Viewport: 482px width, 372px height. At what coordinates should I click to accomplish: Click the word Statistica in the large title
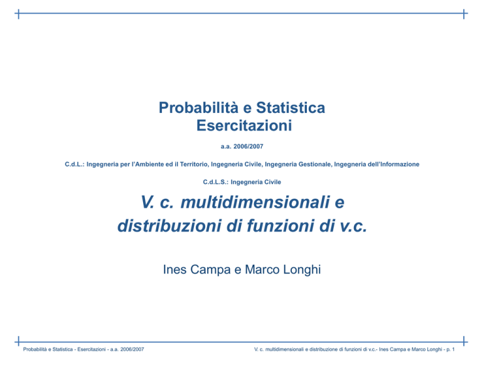pyautogui.click(x=291, y=108)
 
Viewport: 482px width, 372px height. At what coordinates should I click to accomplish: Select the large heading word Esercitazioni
pyautogui.click(x=244, y=125)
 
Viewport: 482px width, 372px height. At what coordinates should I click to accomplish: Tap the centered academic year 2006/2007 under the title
pyautogui.click(x=249, y=147)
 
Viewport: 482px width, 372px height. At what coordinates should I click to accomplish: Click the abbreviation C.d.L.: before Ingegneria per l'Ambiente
pyautogui.click(x=75, y=164)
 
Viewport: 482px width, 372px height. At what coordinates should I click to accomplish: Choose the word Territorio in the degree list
pyautogui.click(x=195, y=164)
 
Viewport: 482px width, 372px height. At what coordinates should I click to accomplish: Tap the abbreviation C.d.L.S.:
pyautogui.click(x=216, y=182)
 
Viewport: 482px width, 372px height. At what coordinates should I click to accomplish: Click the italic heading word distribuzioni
pyautogui.click(x=169, y=226)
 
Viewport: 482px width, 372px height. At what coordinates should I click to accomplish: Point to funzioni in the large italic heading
pyautogui.click(x=280, y=226)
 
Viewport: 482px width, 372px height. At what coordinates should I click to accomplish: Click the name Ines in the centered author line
pyautogui.click(x=174, y=269)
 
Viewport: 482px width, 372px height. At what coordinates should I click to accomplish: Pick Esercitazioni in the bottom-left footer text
pyautogui.click(x=92, y=349)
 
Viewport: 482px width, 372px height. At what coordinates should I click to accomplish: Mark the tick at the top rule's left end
pyautogui.click(x=19, y=14)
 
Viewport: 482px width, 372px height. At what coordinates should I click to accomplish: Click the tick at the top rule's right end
pyautogui.click(x=464, y=14)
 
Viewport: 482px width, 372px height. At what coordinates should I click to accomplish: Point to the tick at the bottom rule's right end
pyautogui.click(x=464, y=341)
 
